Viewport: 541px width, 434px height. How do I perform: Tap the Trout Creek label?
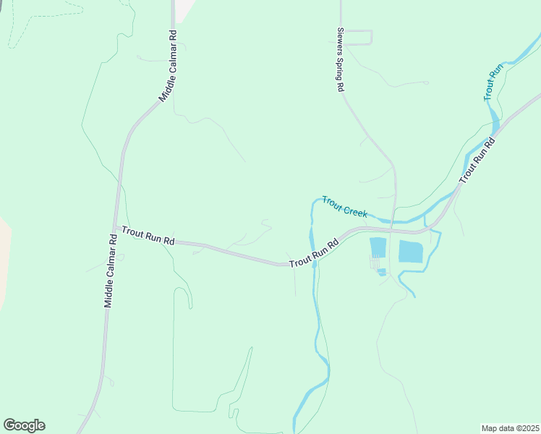tap(345, 207)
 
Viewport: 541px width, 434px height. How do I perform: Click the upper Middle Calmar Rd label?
tap(167, 66)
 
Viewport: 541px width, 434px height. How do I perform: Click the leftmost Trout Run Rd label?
tap(148, 235)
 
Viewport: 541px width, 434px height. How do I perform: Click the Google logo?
tap(24, 425)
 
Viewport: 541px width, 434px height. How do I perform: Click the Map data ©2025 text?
tap(510, 428)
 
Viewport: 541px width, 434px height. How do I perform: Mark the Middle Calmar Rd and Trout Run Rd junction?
tap(115, 227)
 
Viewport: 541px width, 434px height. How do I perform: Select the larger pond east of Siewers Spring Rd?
tap(410, 251)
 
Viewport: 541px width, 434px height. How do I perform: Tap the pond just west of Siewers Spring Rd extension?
tap(378, 247)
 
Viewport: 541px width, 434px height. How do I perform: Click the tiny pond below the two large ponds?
tap(381, 272)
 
